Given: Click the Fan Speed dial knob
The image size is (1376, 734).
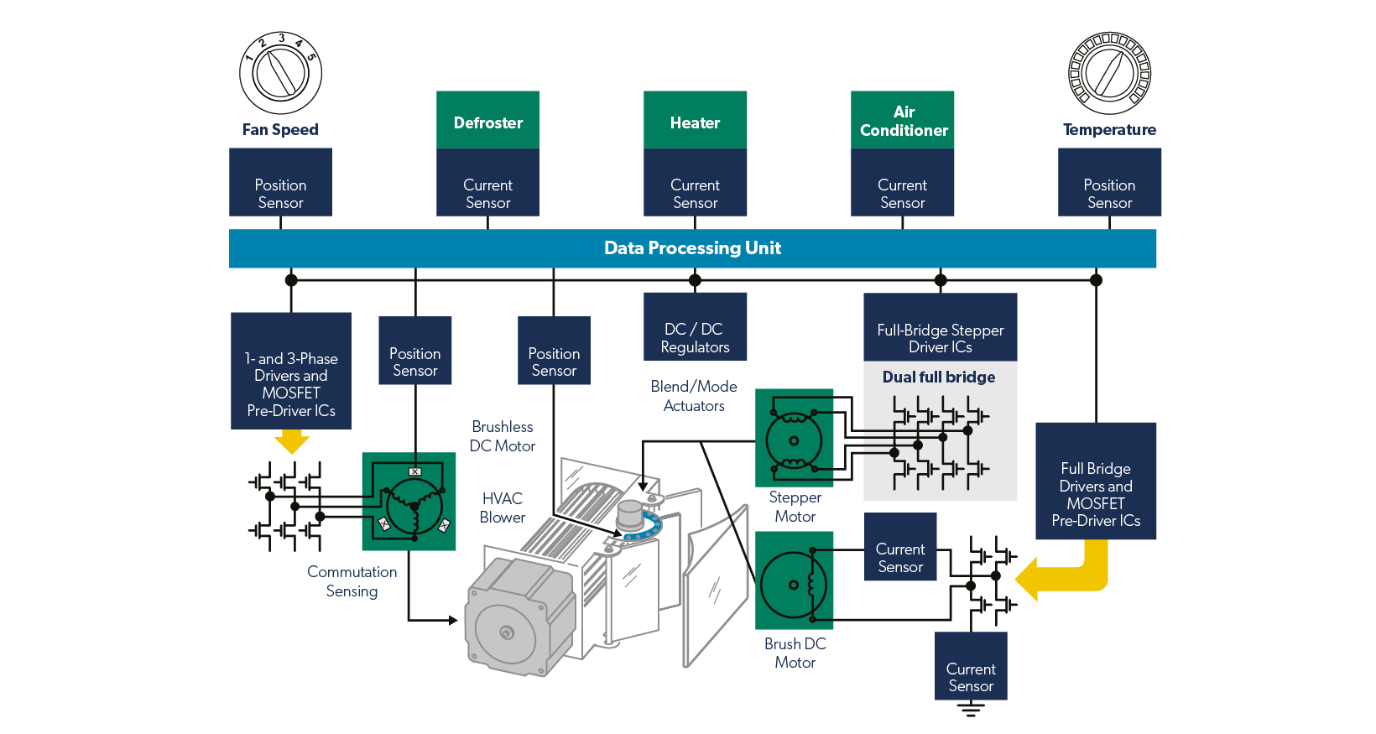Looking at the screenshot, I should point(280,74).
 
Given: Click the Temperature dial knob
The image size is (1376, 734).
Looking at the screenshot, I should point(1109,74).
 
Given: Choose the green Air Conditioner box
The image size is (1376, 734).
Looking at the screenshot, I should point(903,120).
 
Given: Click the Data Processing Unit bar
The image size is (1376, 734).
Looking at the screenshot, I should point(692,248).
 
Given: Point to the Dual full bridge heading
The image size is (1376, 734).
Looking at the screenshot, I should point(939,377).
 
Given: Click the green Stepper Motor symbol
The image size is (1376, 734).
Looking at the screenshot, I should point(794,438).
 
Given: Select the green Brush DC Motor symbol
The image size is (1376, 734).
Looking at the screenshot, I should point(794,580).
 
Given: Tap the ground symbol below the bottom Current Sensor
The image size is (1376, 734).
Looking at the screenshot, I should point(971,711).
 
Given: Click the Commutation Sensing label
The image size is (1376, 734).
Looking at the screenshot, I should point(352,581).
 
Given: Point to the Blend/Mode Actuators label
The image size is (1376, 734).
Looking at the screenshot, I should point(694,396).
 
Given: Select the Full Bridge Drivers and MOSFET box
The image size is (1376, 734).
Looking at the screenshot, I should point(1096,482).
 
